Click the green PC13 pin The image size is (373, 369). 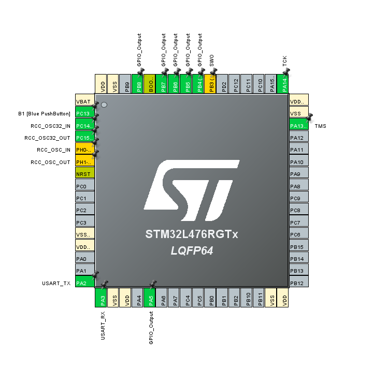(85, 113)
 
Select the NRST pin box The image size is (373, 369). (85, 174)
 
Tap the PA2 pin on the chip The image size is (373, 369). (85, 283)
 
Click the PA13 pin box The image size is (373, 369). (298, 126)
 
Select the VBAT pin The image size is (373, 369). (85, 101)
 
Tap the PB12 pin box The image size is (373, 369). (298, 283)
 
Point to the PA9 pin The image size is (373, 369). (298, 174)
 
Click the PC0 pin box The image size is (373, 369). (85, 186)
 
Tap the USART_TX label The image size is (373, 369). (56, 283)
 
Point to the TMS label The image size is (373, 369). (320, 126)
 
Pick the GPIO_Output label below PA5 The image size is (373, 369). (151, 328)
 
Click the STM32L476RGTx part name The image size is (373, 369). (192, 235)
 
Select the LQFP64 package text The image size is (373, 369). (192, 251)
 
